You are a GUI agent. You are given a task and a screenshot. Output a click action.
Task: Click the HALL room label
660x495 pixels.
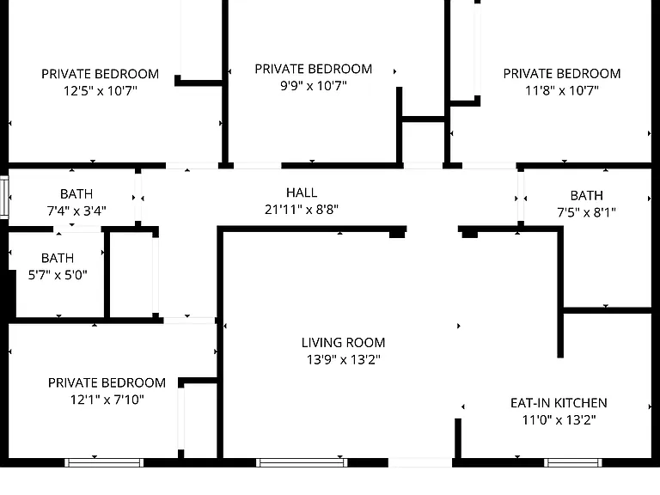302,192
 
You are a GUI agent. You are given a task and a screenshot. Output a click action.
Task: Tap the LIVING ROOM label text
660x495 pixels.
343,343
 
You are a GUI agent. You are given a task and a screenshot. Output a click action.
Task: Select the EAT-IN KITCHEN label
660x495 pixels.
559,403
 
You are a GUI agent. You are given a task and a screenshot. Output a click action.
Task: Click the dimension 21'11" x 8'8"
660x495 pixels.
302,209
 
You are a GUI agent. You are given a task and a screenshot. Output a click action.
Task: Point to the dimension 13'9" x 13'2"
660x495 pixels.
343,359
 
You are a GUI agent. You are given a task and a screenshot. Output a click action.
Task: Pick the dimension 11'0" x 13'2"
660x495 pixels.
559,420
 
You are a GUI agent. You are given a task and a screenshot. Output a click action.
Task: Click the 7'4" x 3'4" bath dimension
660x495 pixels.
76,211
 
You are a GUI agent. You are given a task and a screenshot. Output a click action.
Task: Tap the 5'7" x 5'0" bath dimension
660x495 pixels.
58,275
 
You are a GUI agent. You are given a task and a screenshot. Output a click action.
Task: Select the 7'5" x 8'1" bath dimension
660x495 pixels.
586,212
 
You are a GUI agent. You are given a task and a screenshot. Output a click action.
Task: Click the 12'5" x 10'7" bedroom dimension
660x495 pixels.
101,90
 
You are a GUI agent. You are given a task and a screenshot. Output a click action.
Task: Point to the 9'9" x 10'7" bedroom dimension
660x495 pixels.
314,86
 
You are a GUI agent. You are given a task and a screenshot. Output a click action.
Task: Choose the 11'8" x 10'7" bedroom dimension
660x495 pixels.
562,90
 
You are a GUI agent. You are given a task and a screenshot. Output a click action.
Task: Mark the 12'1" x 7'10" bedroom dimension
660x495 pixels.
107,400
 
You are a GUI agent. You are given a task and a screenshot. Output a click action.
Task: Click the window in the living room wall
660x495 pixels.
302,463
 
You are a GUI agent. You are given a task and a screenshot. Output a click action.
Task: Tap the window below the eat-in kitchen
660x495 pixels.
573,463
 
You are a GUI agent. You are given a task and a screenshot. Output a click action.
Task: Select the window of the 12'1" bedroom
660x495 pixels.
104,463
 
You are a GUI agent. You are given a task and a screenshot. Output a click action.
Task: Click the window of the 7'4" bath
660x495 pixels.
4,198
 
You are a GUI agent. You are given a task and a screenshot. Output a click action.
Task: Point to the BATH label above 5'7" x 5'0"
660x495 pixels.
58,258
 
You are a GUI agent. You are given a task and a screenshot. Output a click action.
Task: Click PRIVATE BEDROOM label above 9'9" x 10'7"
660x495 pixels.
314,69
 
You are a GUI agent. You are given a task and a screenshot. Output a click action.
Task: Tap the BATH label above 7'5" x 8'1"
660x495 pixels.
586,196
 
